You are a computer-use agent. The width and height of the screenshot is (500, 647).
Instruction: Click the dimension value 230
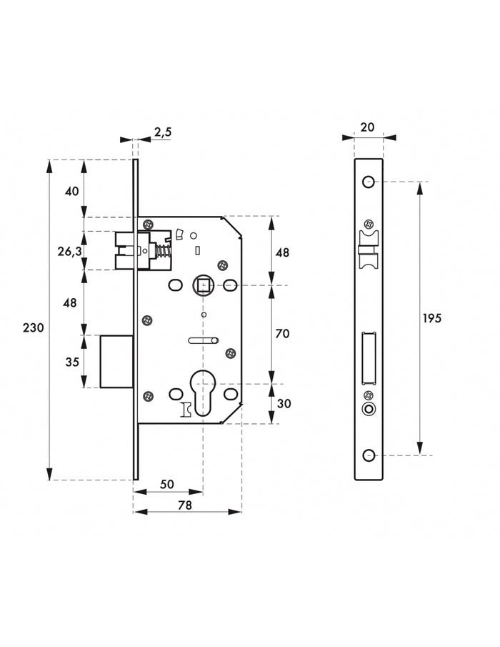point(33,328)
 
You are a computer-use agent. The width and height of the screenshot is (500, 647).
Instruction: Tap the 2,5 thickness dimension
point(162,132)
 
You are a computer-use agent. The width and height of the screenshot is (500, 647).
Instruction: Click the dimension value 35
point(71,362)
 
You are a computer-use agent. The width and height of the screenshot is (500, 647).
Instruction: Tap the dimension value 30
point(284,404)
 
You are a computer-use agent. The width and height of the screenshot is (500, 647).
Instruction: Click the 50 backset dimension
point(166,484)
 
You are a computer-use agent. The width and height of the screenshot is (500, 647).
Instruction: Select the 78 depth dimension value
point(185,505)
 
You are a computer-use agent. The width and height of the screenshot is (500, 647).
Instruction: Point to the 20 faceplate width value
point(368,127)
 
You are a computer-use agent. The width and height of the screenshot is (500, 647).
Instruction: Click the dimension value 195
point(431,318)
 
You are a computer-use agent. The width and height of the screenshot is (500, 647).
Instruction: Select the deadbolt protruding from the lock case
point(116,362)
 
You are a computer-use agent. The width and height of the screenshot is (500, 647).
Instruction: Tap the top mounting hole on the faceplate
point(369,182)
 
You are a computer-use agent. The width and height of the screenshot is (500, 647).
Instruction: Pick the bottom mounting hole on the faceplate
point(369,455)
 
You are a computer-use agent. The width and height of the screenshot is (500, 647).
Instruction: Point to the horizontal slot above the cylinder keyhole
point(204,341)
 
